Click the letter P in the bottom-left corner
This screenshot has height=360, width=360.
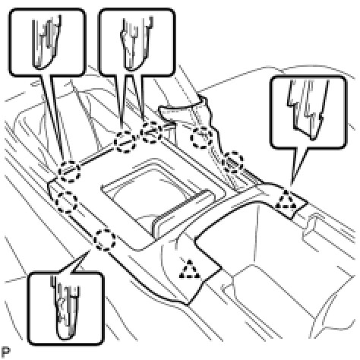coord(5,352)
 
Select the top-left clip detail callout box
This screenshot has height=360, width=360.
coord(47,43)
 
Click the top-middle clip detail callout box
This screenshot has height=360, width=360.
coord(137,43)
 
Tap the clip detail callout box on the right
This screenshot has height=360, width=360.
coord(308,112)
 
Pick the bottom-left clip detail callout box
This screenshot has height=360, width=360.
coord(65,308)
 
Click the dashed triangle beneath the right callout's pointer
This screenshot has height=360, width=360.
coord(286,200)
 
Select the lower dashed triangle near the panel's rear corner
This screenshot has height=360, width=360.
coord(190,269)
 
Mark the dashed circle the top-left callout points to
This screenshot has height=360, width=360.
coord(69,172)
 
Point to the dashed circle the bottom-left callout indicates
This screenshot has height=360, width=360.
coord(105,240)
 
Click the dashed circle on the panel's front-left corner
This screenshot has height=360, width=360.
coord(66,202)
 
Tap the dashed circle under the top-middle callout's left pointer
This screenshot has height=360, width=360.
coord(125,142)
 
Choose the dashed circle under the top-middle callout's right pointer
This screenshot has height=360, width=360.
coord(151,132)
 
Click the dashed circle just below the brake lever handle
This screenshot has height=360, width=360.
coord(201,137)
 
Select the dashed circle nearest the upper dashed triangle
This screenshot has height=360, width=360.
coord(233,163)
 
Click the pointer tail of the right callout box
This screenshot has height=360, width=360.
coord(297,166)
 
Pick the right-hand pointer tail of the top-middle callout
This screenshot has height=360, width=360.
coord(137,99)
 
